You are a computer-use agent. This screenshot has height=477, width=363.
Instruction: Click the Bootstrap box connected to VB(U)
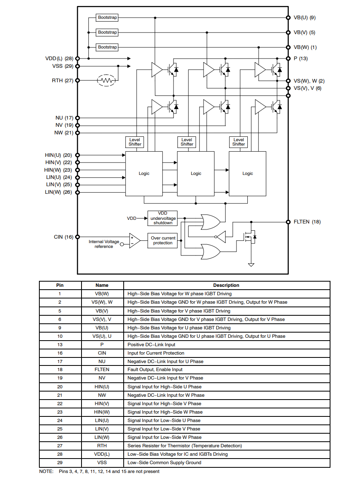click(107, 18)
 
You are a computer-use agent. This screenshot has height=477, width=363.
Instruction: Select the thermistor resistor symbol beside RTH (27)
click(106, 80)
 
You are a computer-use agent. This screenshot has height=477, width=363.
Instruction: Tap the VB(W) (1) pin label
click(305, 47)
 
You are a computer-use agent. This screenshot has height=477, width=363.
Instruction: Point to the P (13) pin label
click(301, 59)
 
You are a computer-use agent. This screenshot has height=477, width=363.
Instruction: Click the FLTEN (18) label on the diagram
click(307, 222)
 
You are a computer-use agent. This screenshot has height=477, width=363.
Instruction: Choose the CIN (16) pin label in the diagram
click(63, 237)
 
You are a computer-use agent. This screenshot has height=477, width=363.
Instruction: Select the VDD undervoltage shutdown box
click(162, 218)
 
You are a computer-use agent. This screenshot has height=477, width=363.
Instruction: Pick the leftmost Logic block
click(144, 173)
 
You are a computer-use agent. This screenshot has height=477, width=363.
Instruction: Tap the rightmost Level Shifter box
click(239, 142)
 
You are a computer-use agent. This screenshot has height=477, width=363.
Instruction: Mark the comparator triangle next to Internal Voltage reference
click(134, 240)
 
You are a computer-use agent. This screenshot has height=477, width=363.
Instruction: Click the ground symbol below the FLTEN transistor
click(251, 264)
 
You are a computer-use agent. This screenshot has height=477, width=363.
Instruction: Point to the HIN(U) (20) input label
click(59, 155)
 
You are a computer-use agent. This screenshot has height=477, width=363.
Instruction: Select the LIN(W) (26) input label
click(59, 192)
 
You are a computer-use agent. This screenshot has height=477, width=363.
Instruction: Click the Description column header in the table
click(226, 285)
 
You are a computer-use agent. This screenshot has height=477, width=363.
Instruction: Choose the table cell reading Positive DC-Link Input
click(151, 345)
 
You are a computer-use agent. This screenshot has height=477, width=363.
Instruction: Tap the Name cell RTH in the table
click(102, 446)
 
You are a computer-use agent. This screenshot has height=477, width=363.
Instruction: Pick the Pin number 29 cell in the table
click(60, 463)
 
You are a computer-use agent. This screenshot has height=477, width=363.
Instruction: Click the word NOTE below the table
click(46, 471)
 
